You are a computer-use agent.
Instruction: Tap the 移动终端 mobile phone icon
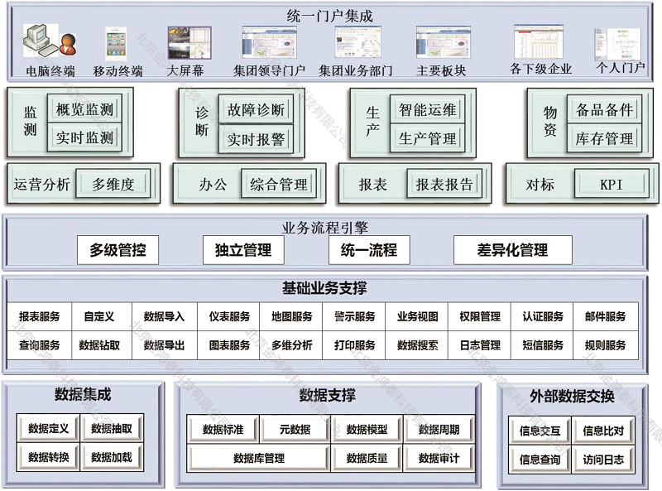[116, 42]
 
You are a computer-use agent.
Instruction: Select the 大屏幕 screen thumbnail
[188, 42]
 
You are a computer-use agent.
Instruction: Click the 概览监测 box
[85, 109]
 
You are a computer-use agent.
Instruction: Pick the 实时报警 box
[256, 140]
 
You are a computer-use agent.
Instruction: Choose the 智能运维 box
[427, 109]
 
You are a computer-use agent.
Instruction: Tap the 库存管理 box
[604, 139]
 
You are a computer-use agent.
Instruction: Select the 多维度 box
[113, 185]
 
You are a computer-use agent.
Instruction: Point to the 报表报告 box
[444, 185]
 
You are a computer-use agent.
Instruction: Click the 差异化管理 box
[512, 250]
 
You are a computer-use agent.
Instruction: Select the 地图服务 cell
[291, 316]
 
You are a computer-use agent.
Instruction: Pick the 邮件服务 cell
[605, 316]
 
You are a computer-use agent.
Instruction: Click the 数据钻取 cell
[99, 345]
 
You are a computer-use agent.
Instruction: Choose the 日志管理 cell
[479, 345]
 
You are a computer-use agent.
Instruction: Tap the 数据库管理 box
[259, 458]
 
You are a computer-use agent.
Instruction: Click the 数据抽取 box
[112, 429]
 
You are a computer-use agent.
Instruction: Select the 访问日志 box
[603, 460]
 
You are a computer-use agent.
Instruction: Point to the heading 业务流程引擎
[325, 227]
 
